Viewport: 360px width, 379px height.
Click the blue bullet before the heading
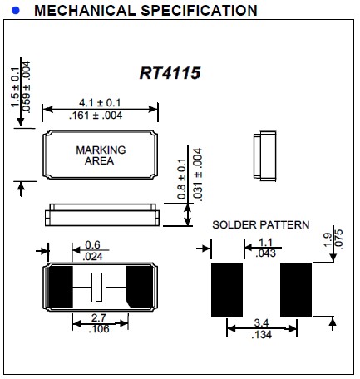point(14,11)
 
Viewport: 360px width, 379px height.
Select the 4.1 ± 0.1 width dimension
point(100,101)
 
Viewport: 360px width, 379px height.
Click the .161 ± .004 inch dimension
point(100,116)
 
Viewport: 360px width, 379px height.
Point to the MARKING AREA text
point(101,155)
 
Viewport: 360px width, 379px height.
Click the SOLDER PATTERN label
point(260,224)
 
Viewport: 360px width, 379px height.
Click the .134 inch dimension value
point(260,335)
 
